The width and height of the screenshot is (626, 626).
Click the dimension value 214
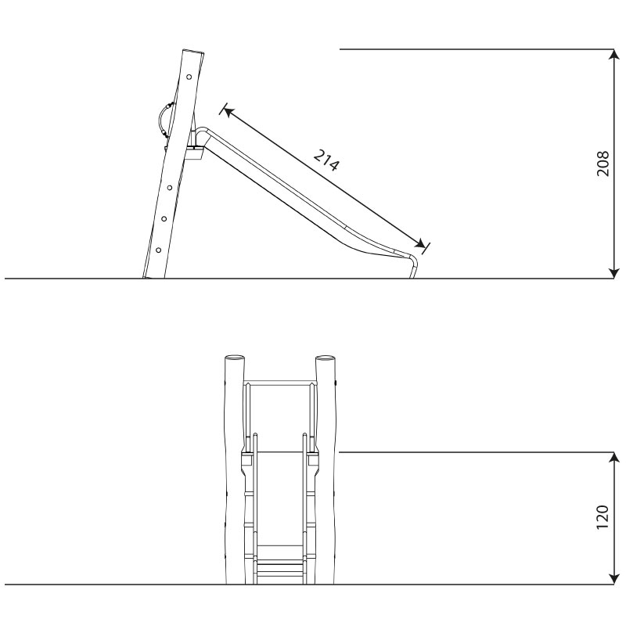326,160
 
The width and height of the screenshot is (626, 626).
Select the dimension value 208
603,164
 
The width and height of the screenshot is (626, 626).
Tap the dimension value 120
603,517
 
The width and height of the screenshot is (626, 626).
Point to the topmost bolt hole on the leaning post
189,77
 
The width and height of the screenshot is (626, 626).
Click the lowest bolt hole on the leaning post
159,250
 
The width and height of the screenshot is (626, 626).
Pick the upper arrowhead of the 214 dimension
228,111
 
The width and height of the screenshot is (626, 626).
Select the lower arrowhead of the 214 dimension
420,244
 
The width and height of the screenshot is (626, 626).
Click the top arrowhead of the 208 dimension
613,54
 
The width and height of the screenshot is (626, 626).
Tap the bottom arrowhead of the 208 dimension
613,273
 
